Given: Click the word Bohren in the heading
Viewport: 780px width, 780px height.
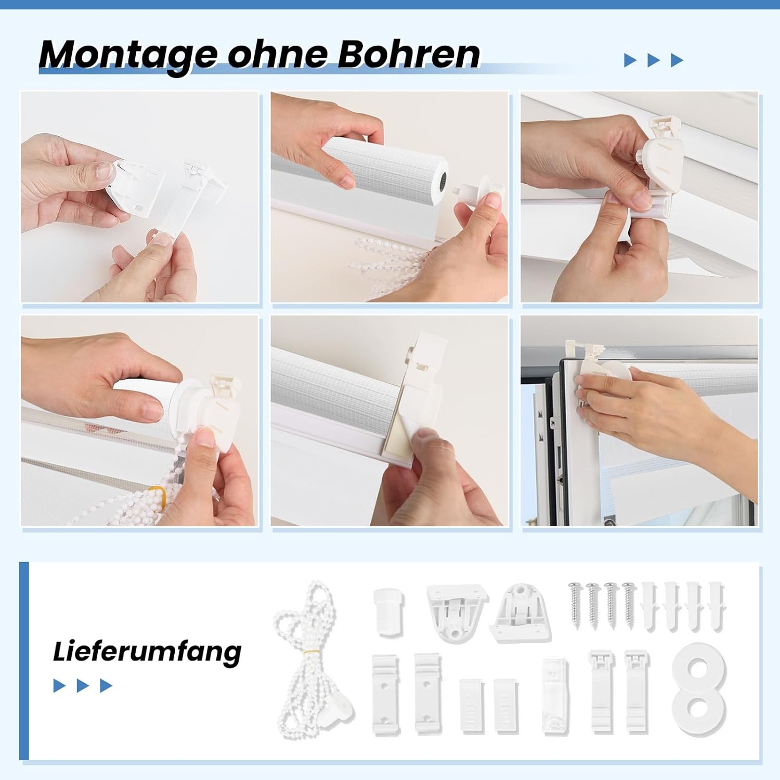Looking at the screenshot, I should [x=409, y=54].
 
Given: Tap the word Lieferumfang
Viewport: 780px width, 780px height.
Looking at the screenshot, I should [x=147, y=652].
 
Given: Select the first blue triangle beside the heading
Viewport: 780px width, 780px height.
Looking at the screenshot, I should [x=630, y=60].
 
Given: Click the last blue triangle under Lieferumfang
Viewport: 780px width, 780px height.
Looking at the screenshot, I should [x=106, y=686].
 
